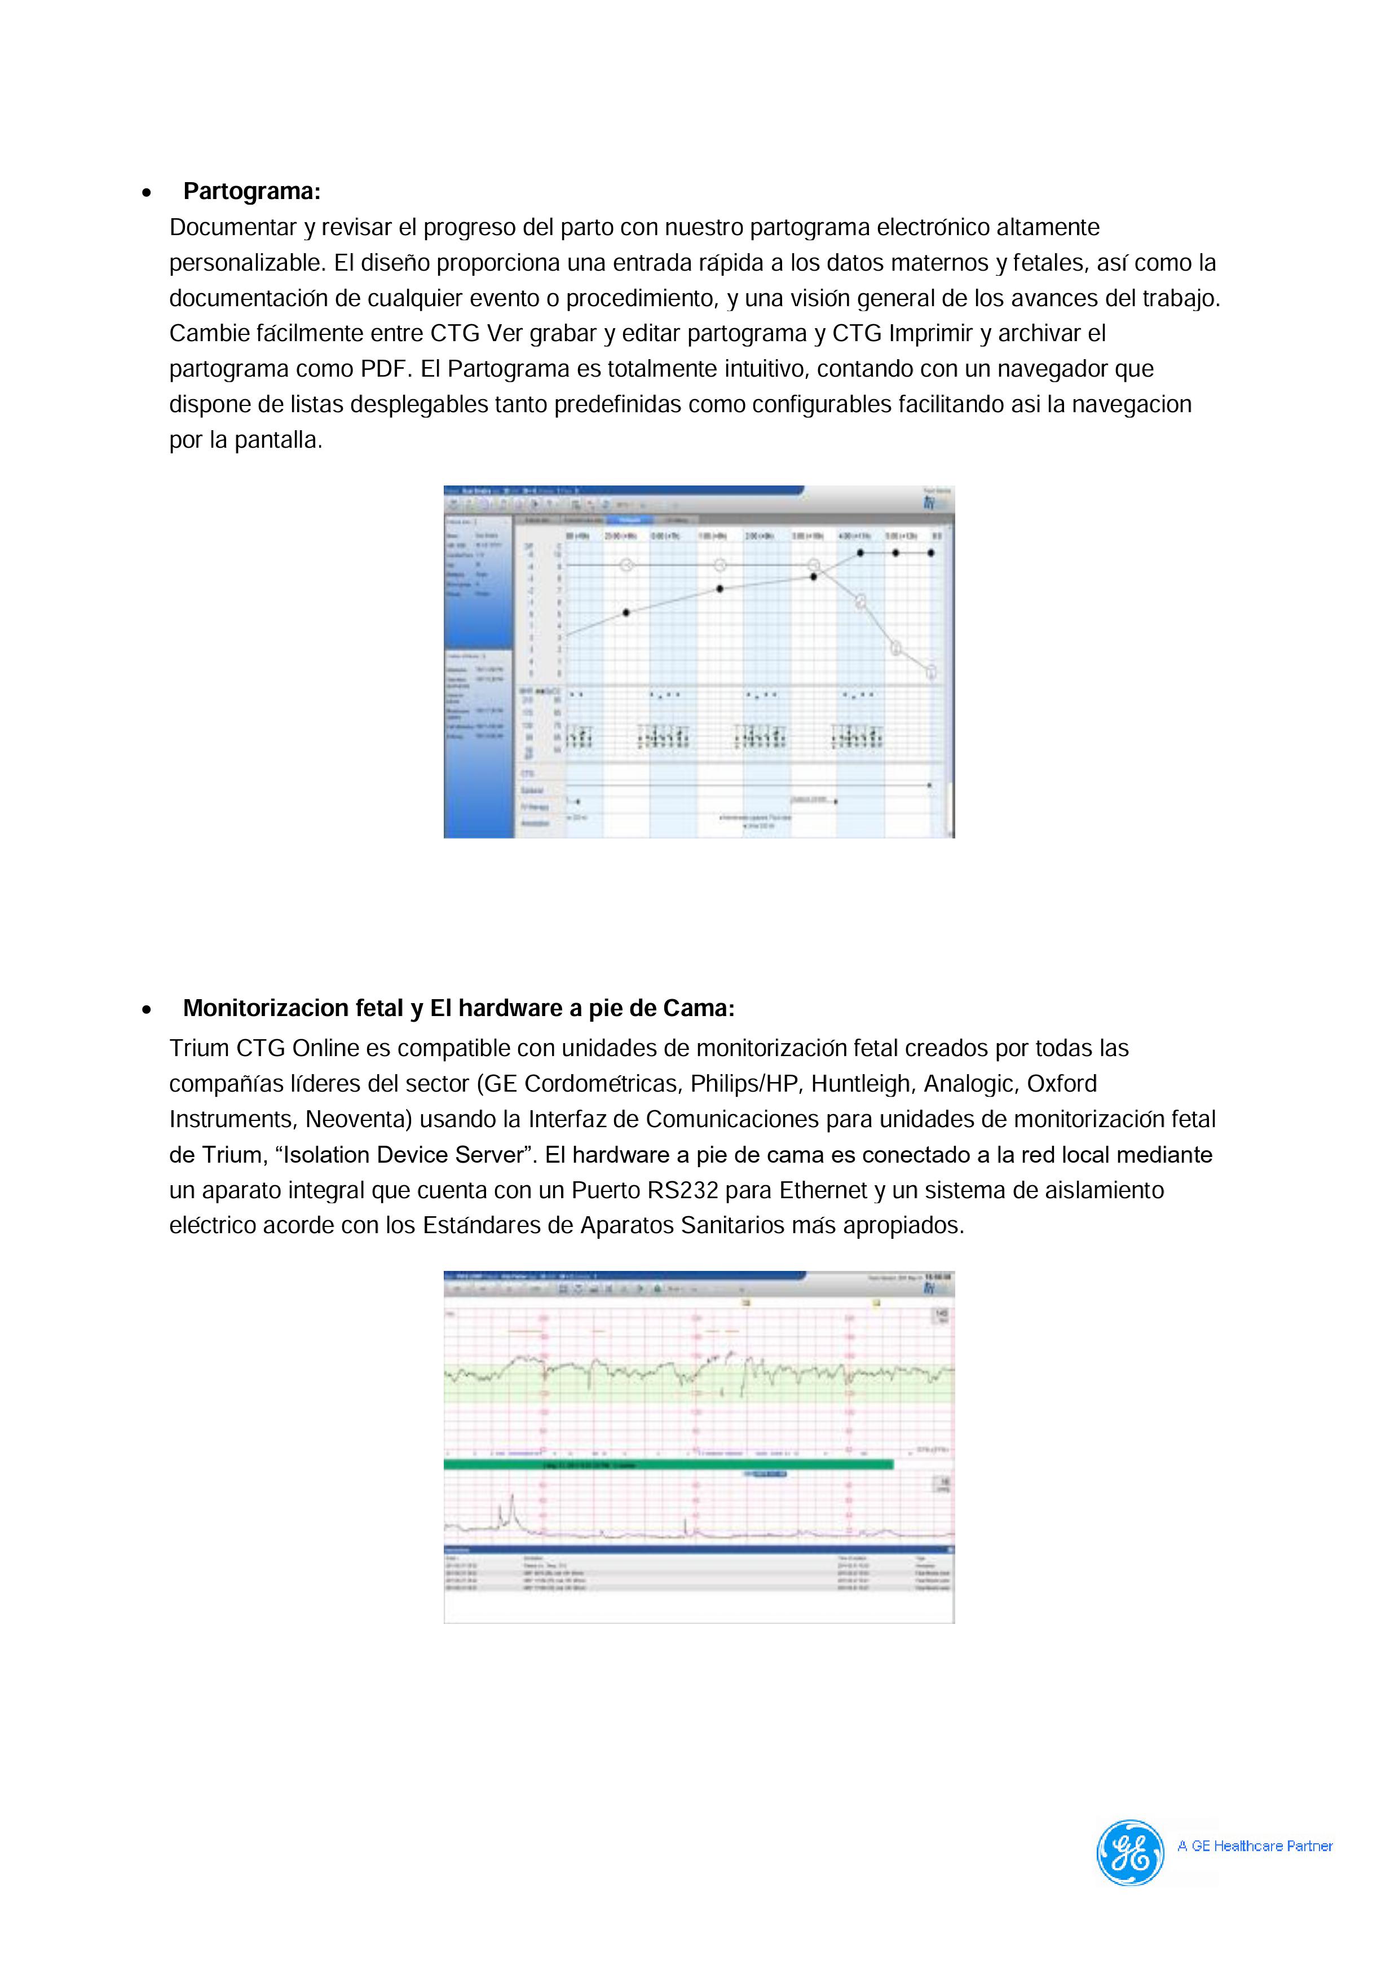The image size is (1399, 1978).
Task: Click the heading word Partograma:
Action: coord(251,191)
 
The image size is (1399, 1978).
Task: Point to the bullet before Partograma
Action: coord(147,193)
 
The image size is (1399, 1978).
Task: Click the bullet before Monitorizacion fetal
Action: coord(147,1010)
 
